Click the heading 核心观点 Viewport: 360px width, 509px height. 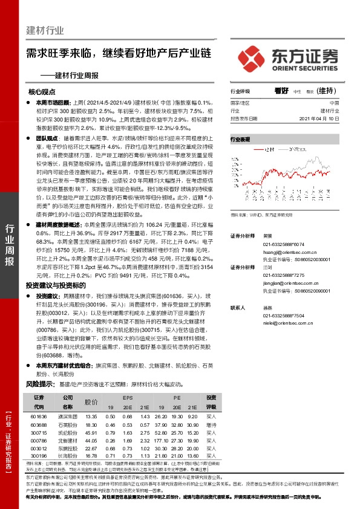pos(42,92)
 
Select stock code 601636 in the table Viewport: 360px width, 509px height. pos(38,417)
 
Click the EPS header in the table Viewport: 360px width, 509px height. pos(128,398)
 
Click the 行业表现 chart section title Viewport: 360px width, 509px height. pos(240,140)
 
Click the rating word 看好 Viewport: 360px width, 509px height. pos(280,91)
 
